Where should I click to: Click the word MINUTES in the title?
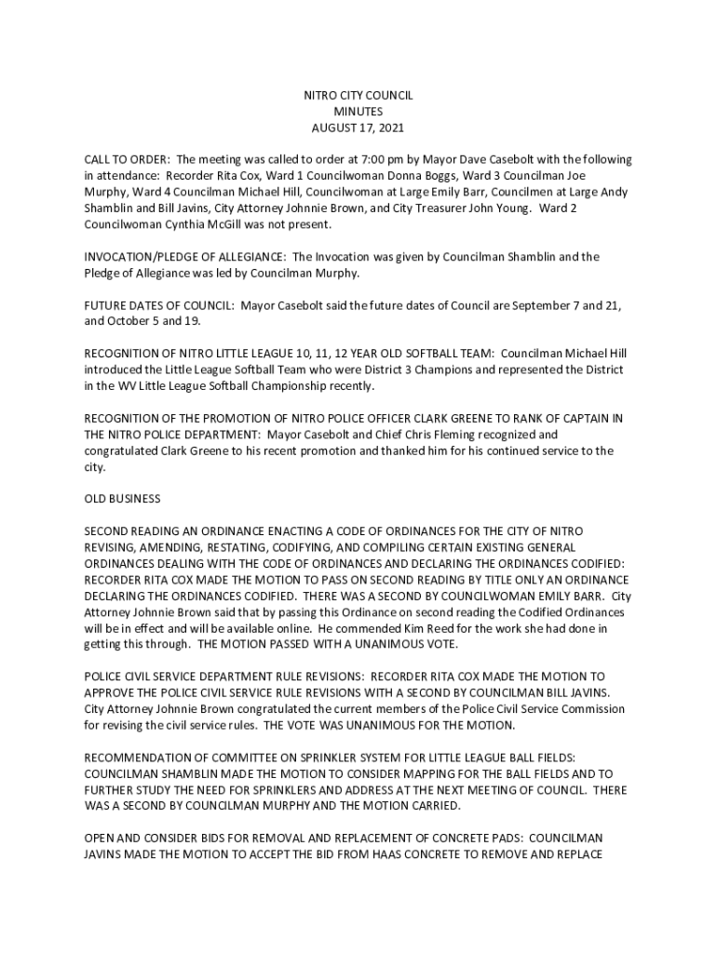tap(358, 112)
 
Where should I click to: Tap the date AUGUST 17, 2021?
tap(358, 128)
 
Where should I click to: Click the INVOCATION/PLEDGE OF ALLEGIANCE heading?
tap(185, 257)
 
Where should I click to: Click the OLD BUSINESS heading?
tap(122, 500)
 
